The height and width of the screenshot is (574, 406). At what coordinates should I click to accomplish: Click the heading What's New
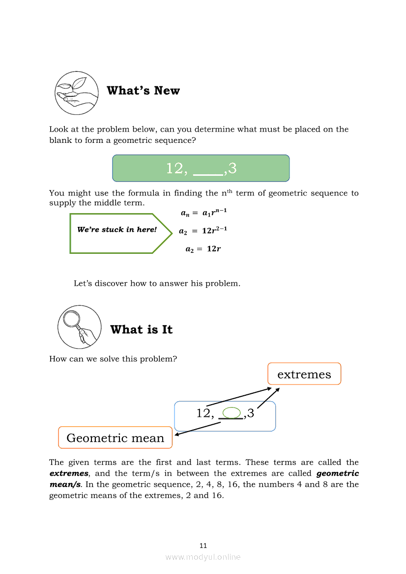[x=143, y=91]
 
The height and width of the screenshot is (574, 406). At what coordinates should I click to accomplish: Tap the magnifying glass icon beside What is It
[x=79, y=327]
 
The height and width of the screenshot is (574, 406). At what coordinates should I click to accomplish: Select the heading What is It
[x=141, y=329]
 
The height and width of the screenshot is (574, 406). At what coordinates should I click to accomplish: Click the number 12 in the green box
[x=174, y=168]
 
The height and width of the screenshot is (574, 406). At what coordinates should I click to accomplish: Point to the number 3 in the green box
[x=232, y=168]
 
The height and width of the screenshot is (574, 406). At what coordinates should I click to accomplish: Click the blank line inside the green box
[x=208, y=173]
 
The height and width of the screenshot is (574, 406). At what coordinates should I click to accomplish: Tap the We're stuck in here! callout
[x=117, y=230]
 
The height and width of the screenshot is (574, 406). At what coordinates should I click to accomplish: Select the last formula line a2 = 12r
[x=203, y=249]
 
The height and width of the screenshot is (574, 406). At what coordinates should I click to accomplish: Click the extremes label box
[x=304, y=374]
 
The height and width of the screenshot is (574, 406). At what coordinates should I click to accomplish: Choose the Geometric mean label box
[x=115, y=438]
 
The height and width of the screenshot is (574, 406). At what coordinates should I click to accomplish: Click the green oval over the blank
[x=232, y=413]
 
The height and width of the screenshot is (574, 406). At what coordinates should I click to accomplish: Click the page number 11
[x=203, y=546]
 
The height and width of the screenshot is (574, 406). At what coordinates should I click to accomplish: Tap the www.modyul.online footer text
[x=203, y=557]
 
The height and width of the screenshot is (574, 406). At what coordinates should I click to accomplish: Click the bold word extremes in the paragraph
[x=68, y=474]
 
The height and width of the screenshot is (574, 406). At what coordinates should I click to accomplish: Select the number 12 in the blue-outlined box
[x=203, y=413]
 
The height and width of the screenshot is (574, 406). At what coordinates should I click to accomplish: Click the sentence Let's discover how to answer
[x=157, y=283]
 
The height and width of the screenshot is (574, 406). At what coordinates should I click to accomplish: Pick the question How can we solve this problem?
[x=113, y=359]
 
